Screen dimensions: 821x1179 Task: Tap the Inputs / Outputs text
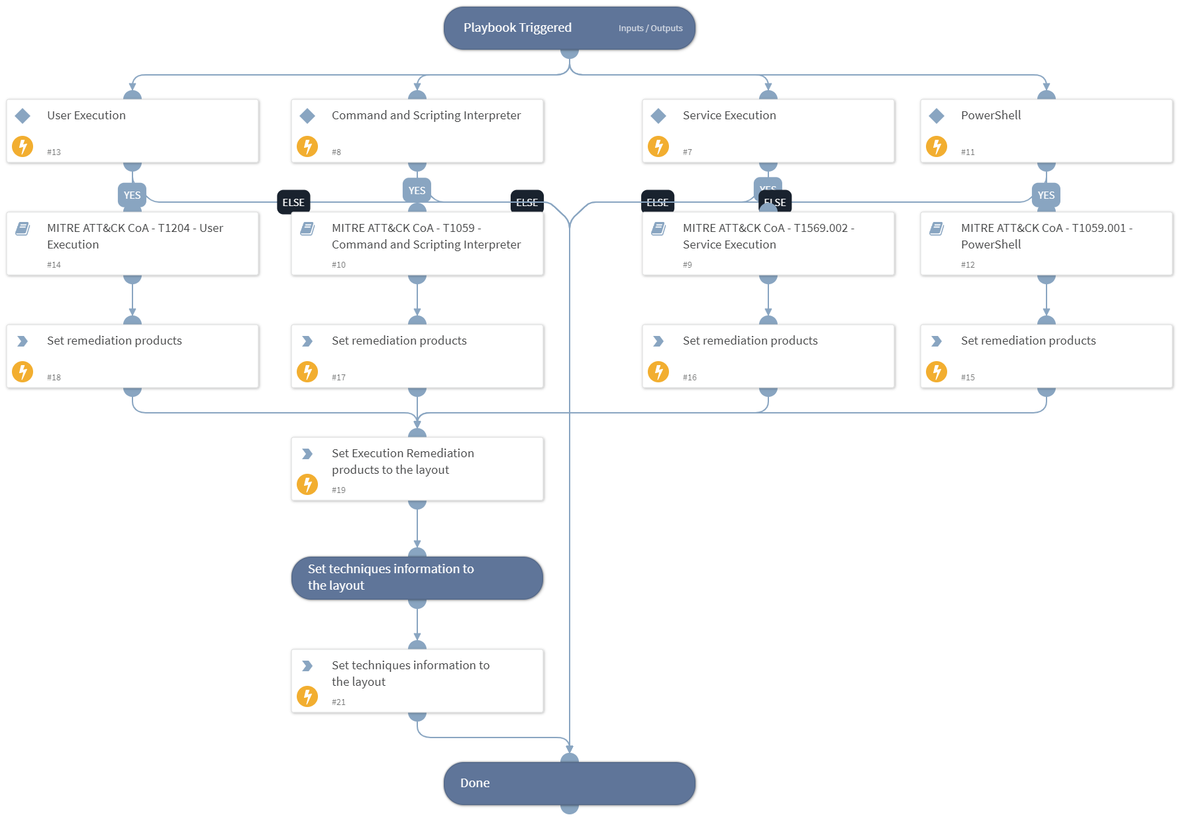tap(650, 28)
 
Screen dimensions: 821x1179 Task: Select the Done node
tap(569, 783)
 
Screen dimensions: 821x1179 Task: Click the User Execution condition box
tap(132, 131)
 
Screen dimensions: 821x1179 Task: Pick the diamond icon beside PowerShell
tap(936, 116)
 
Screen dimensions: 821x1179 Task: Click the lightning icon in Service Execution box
tap(658, 146)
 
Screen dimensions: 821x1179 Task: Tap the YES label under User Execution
tap(132, 195)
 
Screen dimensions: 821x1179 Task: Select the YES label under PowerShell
tap(1045, 195)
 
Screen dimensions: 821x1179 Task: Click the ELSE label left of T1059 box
tap(293, 202)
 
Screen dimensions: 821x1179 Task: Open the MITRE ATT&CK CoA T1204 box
tap(132, 243)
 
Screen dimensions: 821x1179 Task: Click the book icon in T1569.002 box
tap(658, 229)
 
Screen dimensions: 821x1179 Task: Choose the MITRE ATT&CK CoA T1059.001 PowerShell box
tap(1046, 243)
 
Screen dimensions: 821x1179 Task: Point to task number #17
tap(338, 377)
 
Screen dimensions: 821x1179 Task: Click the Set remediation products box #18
tap(132, 356)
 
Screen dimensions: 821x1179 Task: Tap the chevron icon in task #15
tap(936, 341)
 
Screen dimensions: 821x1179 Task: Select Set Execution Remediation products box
tap(417, 468)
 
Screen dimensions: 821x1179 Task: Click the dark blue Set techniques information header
tap(417, 577)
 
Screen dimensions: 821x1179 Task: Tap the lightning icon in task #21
tap(307, 696)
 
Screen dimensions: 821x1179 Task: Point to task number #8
tap(336, 152)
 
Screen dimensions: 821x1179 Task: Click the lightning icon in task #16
tap(658, 371)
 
